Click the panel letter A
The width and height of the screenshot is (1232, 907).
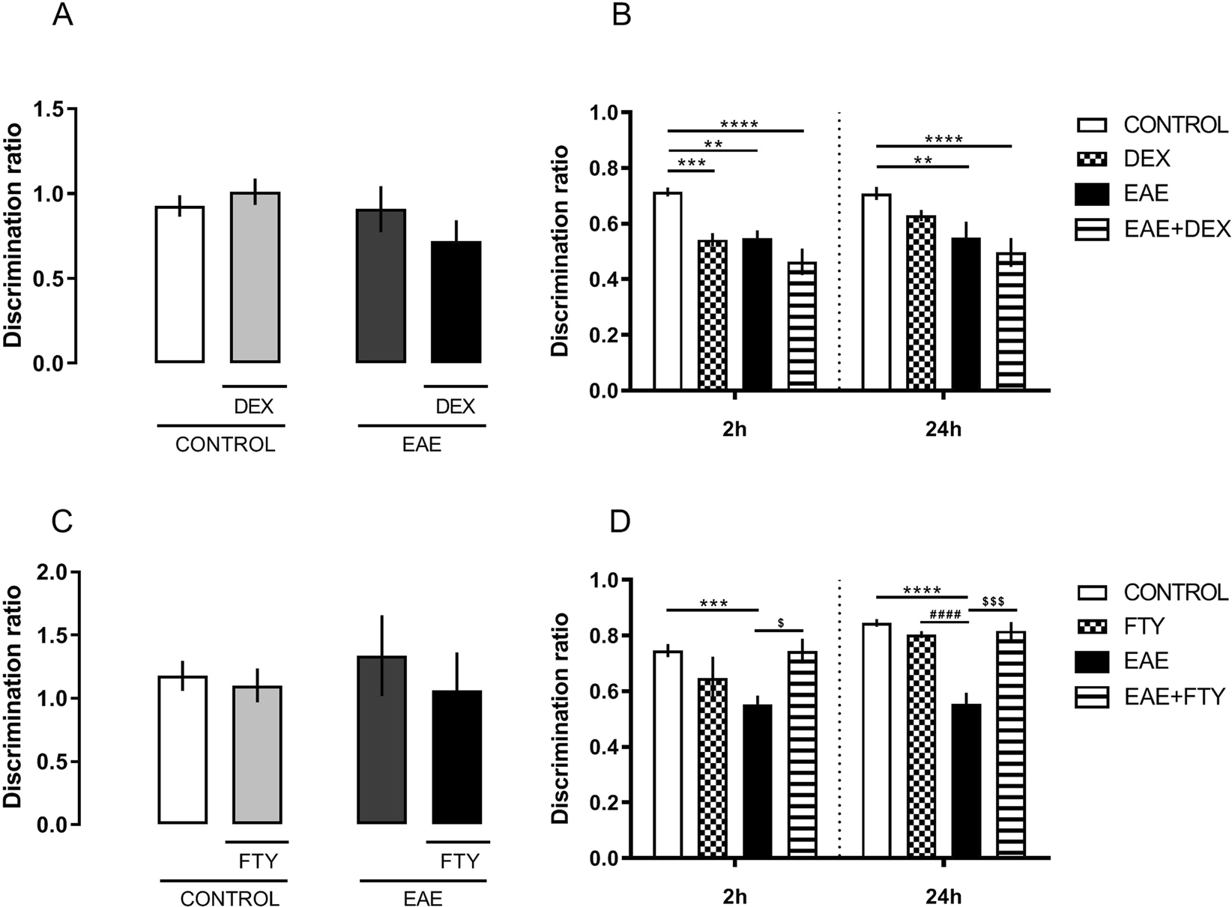click(x=63, y=16)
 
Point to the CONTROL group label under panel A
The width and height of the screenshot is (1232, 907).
click(x=225, y=445)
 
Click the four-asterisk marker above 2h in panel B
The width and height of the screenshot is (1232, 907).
click(x=739, y=124)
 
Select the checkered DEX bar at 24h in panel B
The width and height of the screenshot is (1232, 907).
click(x=921, y=303)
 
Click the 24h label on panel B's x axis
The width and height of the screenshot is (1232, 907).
click(x=943, y=431)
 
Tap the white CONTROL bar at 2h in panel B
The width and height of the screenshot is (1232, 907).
click(x=668, y=291)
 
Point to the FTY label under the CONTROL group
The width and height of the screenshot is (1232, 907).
click(x=256, y=861)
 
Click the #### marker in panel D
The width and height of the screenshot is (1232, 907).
click(x=944, y=615)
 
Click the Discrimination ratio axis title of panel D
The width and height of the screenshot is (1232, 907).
click(x=560, y=718)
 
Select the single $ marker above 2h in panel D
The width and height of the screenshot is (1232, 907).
click(x=781, y=622)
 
